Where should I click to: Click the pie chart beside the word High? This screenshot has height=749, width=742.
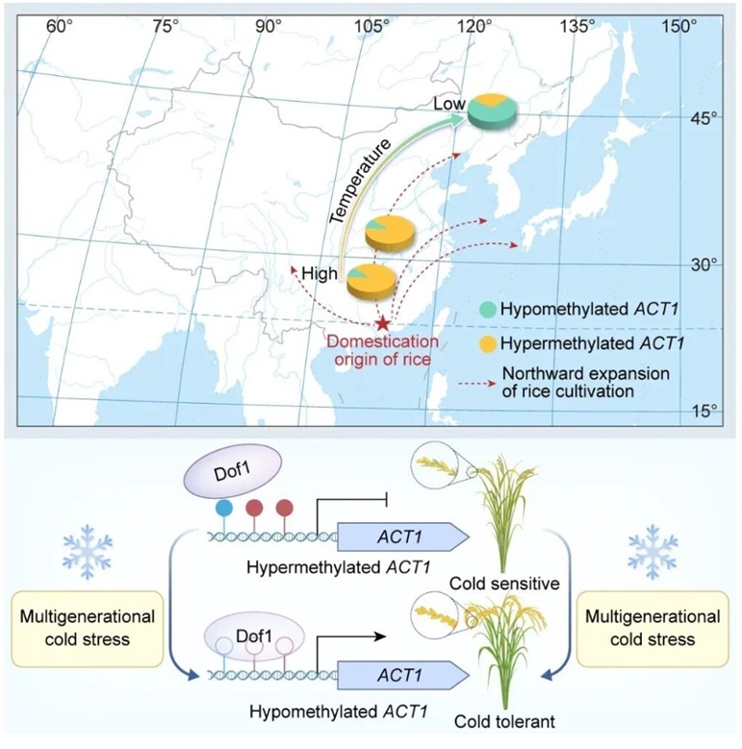pyautogui.click(x=371, y=279)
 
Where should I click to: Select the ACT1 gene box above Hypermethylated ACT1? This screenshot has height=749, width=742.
pyautogui.click(x=402, y=561)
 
